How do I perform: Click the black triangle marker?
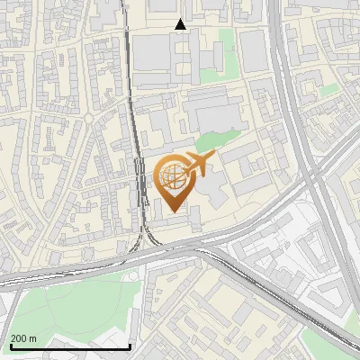point(181,24)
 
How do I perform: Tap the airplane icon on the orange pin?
point(197,164)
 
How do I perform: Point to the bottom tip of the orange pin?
point(172,211)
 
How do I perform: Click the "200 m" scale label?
point(23,338)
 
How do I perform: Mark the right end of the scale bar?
point(130,346)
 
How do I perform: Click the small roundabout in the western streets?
point(90,117)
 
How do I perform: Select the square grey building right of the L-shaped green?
point(254,50)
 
